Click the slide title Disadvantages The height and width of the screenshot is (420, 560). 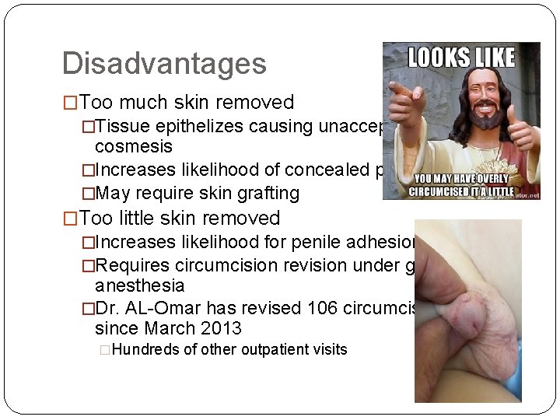point(164,64)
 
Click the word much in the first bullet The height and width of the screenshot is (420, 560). point(143,103)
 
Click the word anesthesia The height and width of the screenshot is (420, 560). point(139,286)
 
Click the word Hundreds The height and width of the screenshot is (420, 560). point(146,350)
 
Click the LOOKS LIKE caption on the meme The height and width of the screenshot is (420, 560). point(461,57)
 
